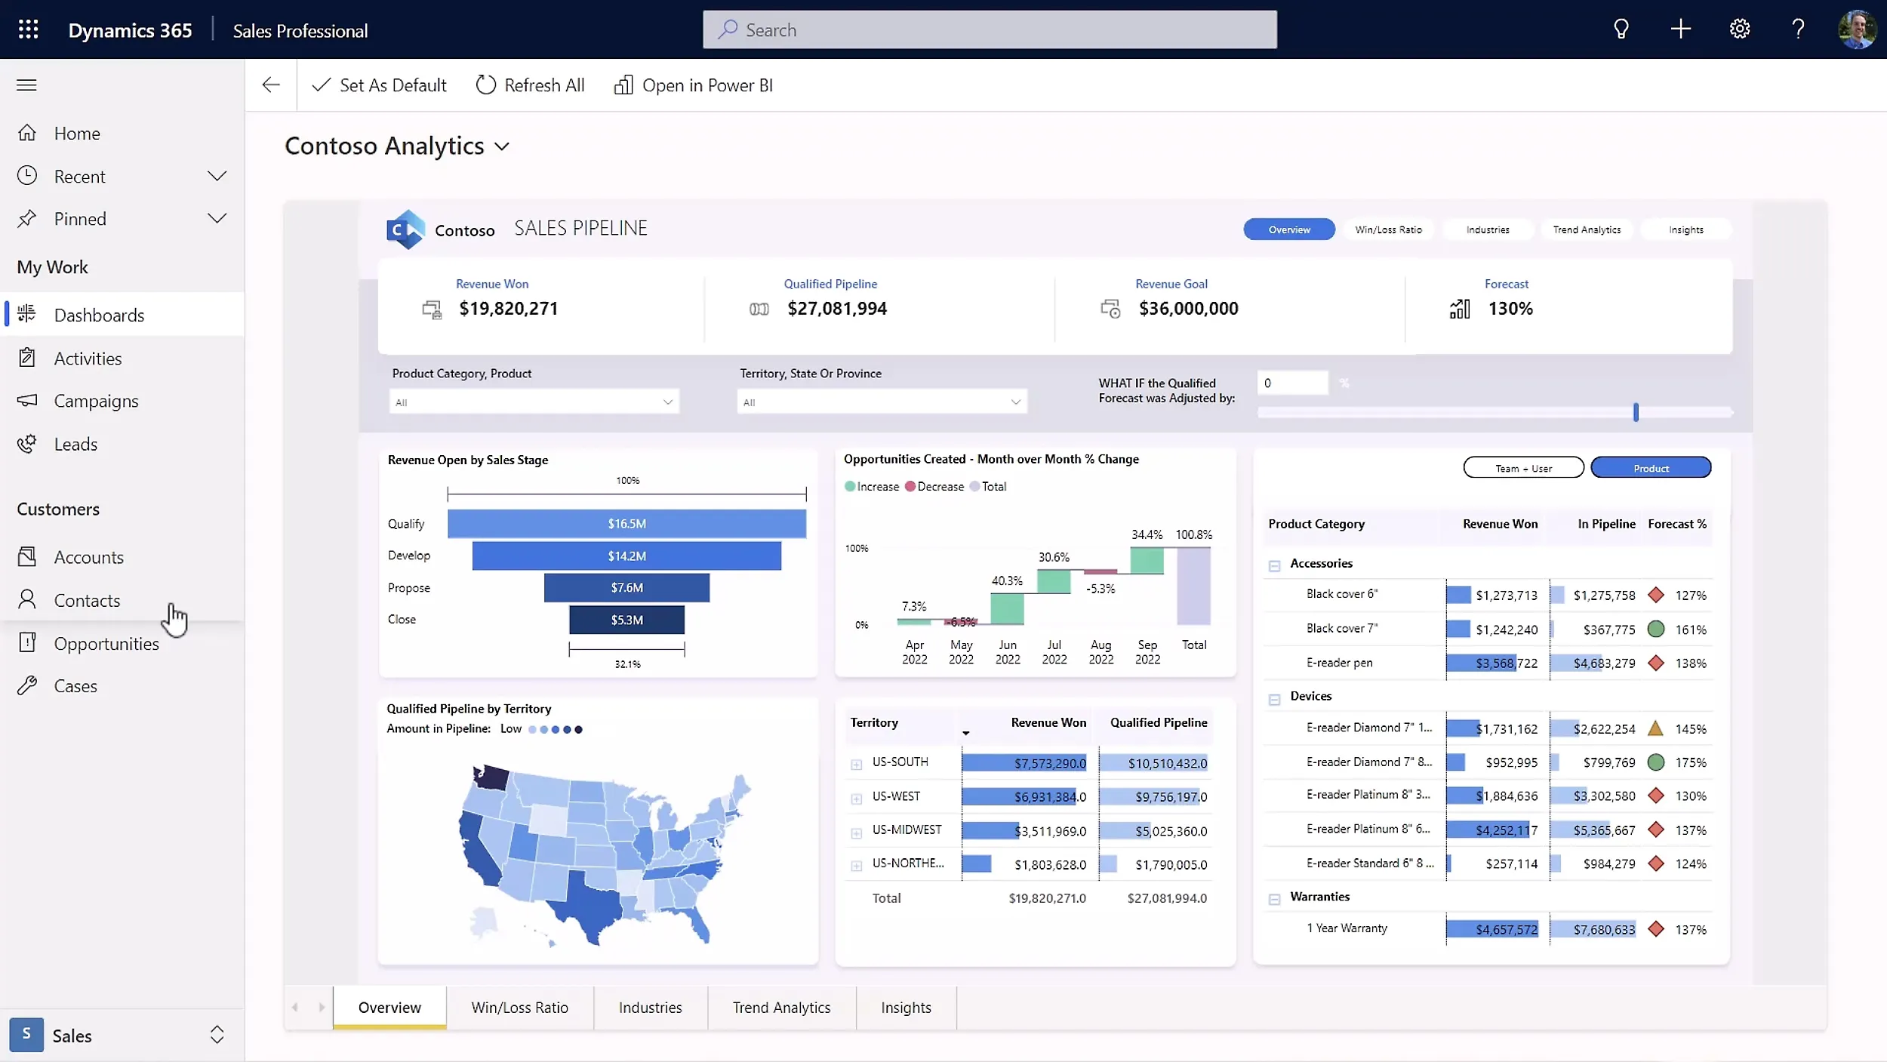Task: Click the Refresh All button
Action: (x=530, y=85)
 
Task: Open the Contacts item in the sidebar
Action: (x=87, y=600)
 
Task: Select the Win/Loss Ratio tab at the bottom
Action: (x=519, y=1007)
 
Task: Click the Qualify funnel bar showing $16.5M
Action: (x=626, y=524)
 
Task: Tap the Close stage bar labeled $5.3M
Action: (x=626, y=620)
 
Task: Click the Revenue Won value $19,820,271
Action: (x=508, y=309)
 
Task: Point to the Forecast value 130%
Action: (x=1510, y=309)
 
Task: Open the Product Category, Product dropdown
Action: (x=534, y=402)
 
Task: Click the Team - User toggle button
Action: (x=1523, y=468)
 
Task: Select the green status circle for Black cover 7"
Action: (x=1655, y=629)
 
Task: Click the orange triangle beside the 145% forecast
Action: (x=1655, y=728)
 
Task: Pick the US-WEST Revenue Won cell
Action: (x=1024, y=796)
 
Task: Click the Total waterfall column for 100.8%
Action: (x=1193, y=586)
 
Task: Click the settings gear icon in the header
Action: (x=1739, y=29)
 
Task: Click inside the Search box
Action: (x=989, y=29)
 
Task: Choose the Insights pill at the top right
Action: (x=1685, y=229)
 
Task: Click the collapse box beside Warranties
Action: (x=1274, y=898)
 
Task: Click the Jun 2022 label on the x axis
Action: (x=1007, y=651)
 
